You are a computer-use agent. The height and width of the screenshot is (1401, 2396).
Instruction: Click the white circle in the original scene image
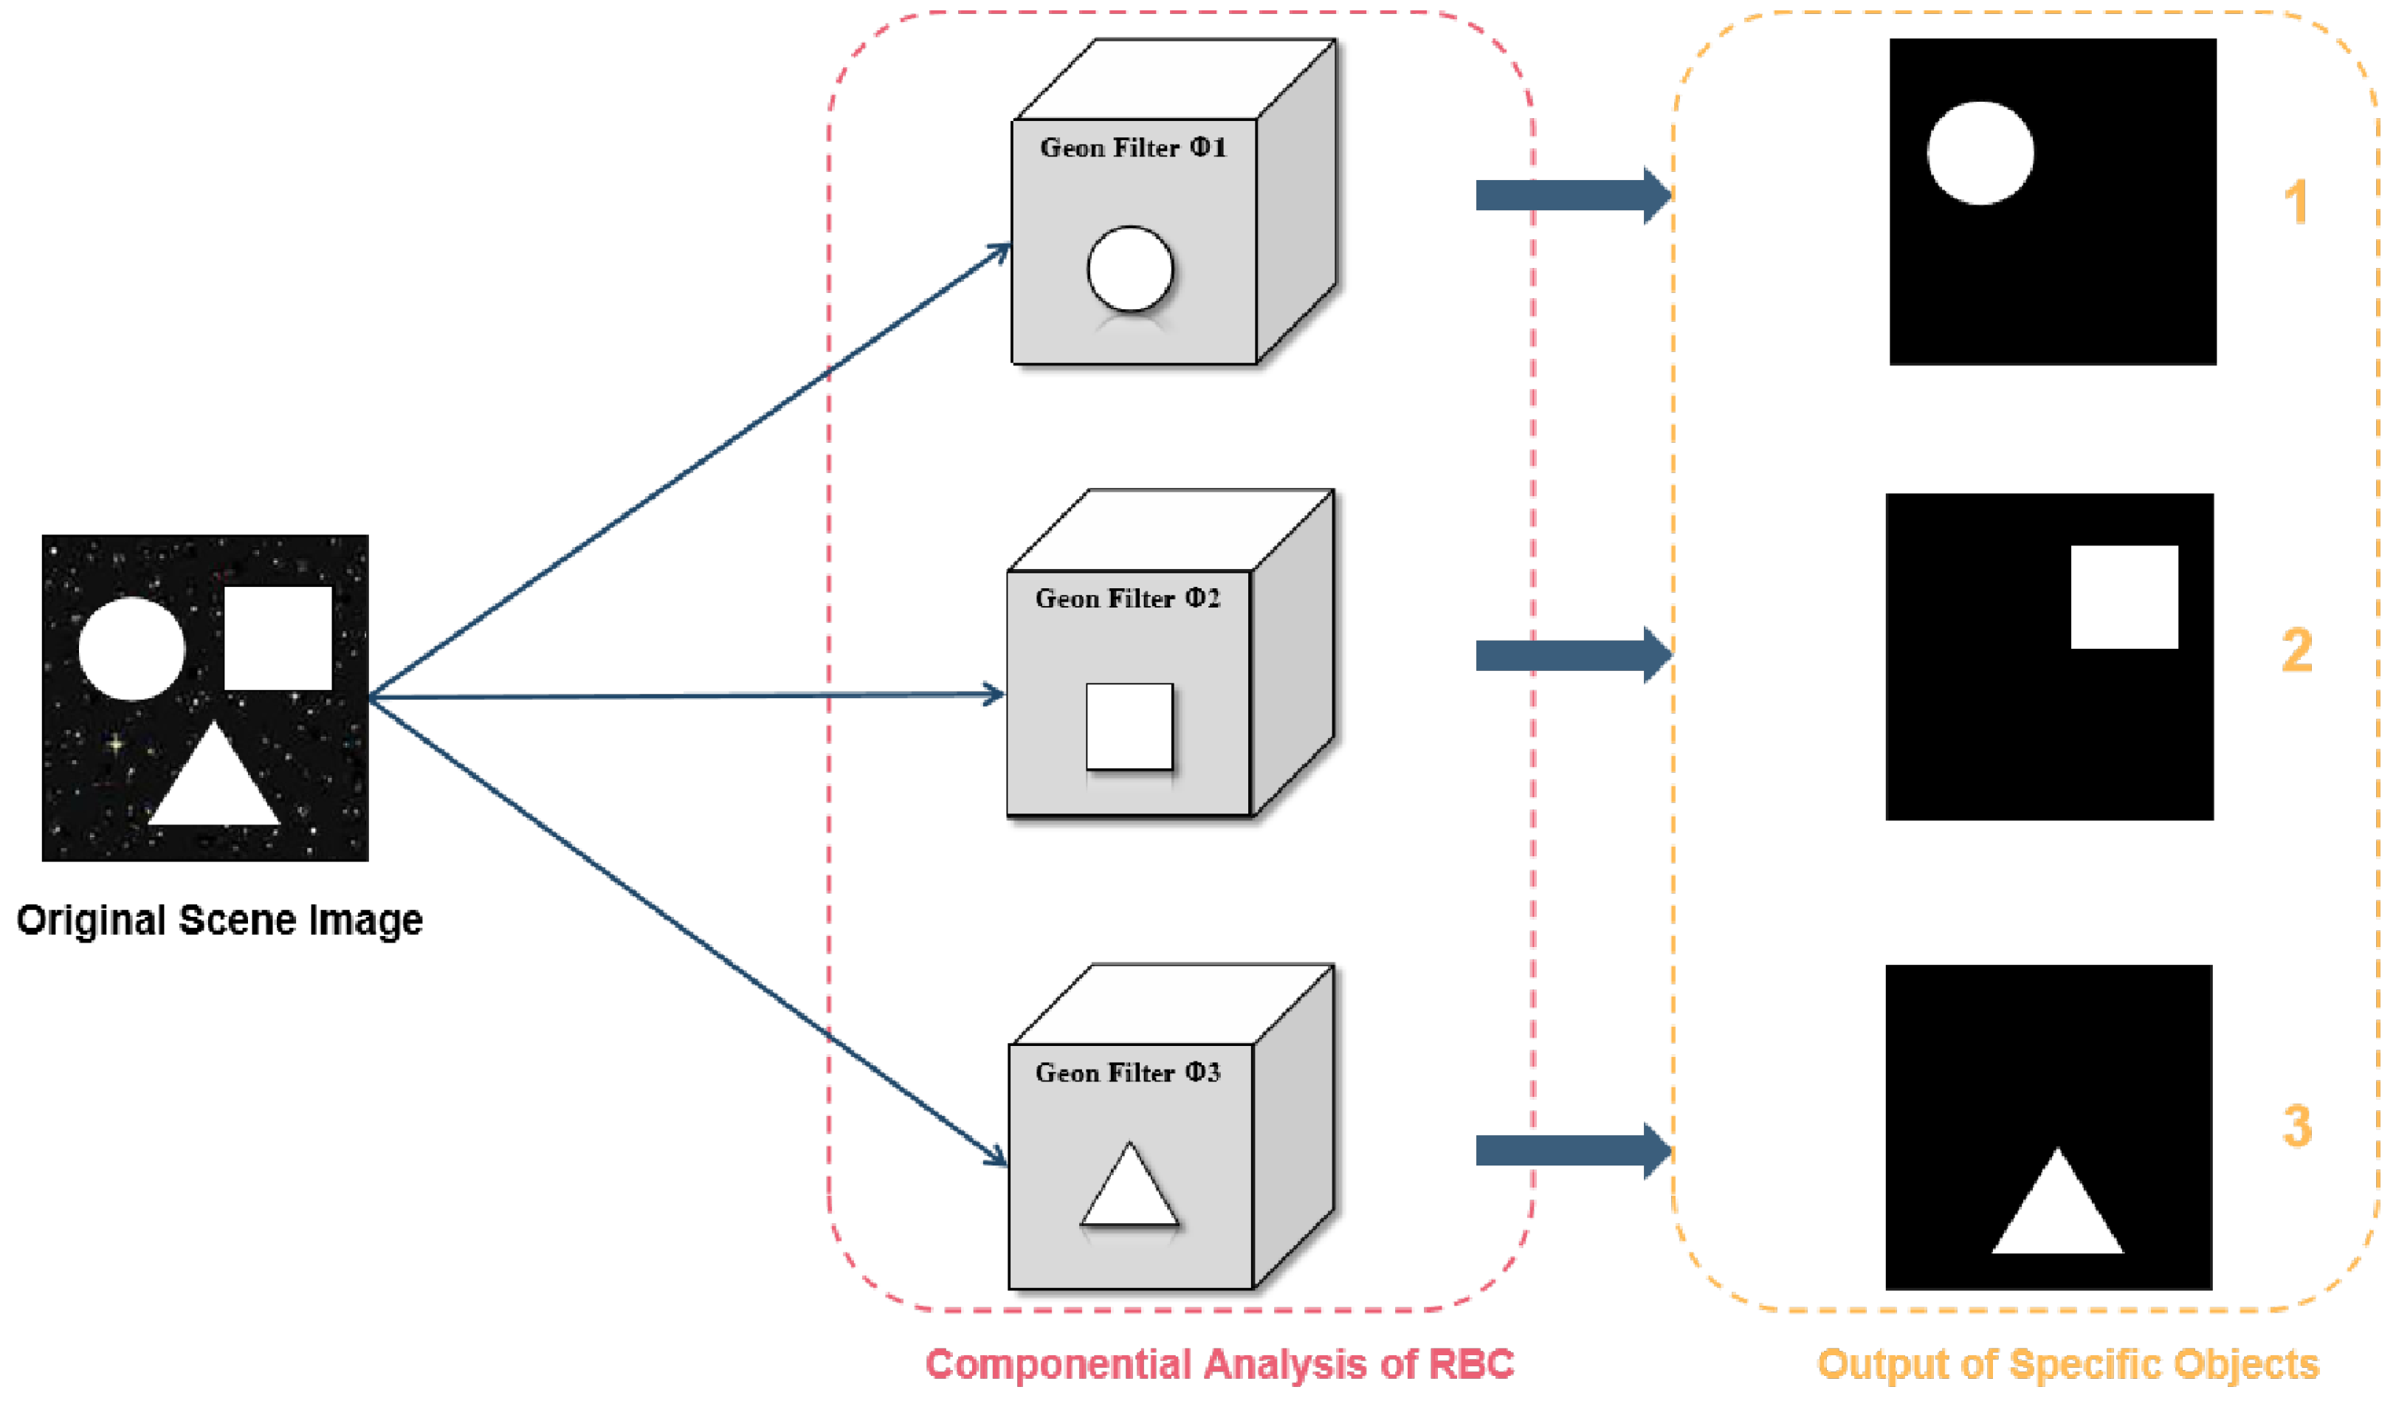point(132,649)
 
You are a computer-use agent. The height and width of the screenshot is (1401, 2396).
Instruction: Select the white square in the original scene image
point(278,638)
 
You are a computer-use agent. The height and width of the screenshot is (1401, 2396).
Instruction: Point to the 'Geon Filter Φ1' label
point(1133,148)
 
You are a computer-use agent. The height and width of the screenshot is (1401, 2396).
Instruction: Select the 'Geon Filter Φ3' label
point(1128,1072)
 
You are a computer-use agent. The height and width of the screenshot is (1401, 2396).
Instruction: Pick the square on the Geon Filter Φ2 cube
point(1129,726)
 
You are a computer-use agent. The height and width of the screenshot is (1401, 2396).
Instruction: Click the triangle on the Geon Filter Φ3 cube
point(1129,1183)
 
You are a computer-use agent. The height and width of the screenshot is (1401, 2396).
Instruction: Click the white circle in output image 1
point(1980,153)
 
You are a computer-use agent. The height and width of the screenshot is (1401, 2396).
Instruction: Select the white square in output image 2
point(2124,597)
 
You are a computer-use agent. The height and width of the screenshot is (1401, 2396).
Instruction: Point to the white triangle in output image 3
point(2057,1200)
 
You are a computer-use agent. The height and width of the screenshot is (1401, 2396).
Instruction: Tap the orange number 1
point(2297,202)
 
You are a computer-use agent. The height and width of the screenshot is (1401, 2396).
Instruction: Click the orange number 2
point(2297,650)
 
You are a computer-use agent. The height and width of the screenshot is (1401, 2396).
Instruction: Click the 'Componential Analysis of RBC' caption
point(1220,1364)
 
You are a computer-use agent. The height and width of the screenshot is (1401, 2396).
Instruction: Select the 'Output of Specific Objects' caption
point(2068,1364)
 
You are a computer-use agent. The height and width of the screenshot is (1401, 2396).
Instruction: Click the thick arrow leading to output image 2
point(1574,655)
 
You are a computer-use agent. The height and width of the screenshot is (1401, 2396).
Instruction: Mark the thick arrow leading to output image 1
point(1574,195)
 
